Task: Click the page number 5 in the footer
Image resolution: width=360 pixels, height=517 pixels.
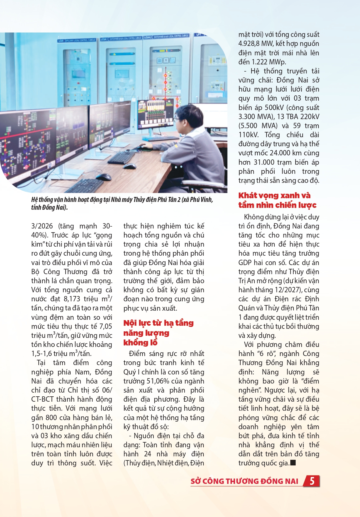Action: pyautogui.click(x=312, y=481)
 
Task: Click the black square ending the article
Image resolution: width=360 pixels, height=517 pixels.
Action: pyautogui.click(x=293, y=463)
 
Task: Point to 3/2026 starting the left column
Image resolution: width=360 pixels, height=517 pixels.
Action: pyautogui.click(x=42, y=226)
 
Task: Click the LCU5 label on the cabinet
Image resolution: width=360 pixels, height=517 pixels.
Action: pyautogui.click(x=61, y=41)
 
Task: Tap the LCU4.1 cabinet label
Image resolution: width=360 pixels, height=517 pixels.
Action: pyautogui.click(x=104, y=39)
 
